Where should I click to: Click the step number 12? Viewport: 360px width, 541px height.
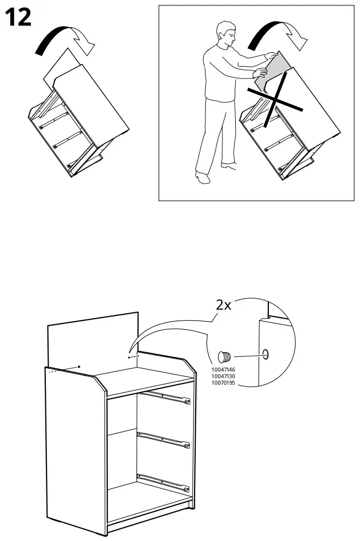[17, 18]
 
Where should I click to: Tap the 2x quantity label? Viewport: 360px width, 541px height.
[223, 305]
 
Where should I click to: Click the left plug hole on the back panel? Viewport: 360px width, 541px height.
[79, 367]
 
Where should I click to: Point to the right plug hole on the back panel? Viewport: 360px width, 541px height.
[129, 357]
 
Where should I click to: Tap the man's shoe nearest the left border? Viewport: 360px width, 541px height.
[203, 177]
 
